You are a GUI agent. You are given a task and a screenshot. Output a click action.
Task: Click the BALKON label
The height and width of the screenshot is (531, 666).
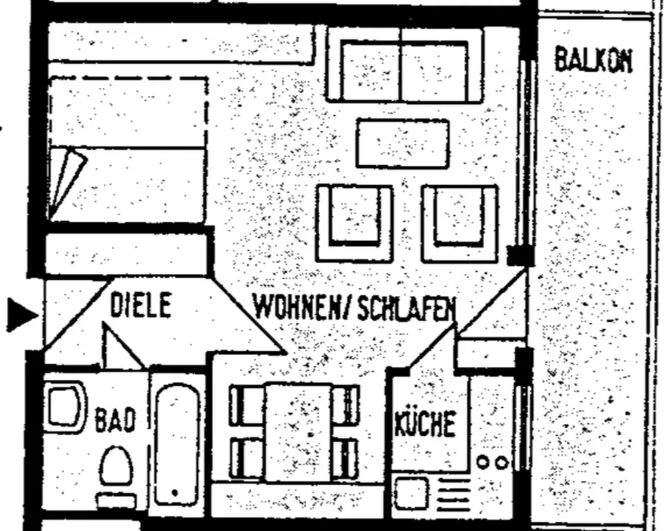593,61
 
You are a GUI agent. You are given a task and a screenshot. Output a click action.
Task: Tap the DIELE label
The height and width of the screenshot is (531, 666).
141,304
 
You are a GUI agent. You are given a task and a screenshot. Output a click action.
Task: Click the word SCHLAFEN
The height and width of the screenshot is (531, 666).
406,308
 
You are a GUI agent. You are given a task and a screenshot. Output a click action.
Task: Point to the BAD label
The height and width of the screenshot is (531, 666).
115,420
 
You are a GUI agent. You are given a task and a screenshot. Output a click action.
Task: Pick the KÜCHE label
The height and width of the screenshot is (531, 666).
425,423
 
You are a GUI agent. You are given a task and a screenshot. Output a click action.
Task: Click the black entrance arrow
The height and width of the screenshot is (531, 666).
23,314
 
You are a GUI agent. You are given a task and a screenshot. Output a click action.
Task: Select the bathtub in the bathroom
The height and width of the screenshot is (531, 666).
176,445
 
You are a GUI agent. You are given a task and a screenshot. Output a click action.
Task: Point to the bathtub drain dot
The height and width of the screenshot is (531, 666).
174,493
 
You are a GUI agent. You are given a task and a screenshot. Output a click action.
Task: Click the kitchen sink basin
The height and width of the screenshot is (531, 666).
410,494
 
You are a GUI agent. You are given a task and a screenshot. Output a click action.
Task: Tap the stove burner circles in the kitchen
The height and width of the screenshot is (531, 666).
492,462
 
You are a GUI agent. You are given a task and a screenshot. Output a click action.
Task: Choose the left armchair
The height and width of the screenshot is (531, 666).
354,223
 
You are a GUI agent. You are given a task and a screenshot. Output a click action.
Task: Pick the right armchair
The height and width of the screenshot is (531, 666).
460,223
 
